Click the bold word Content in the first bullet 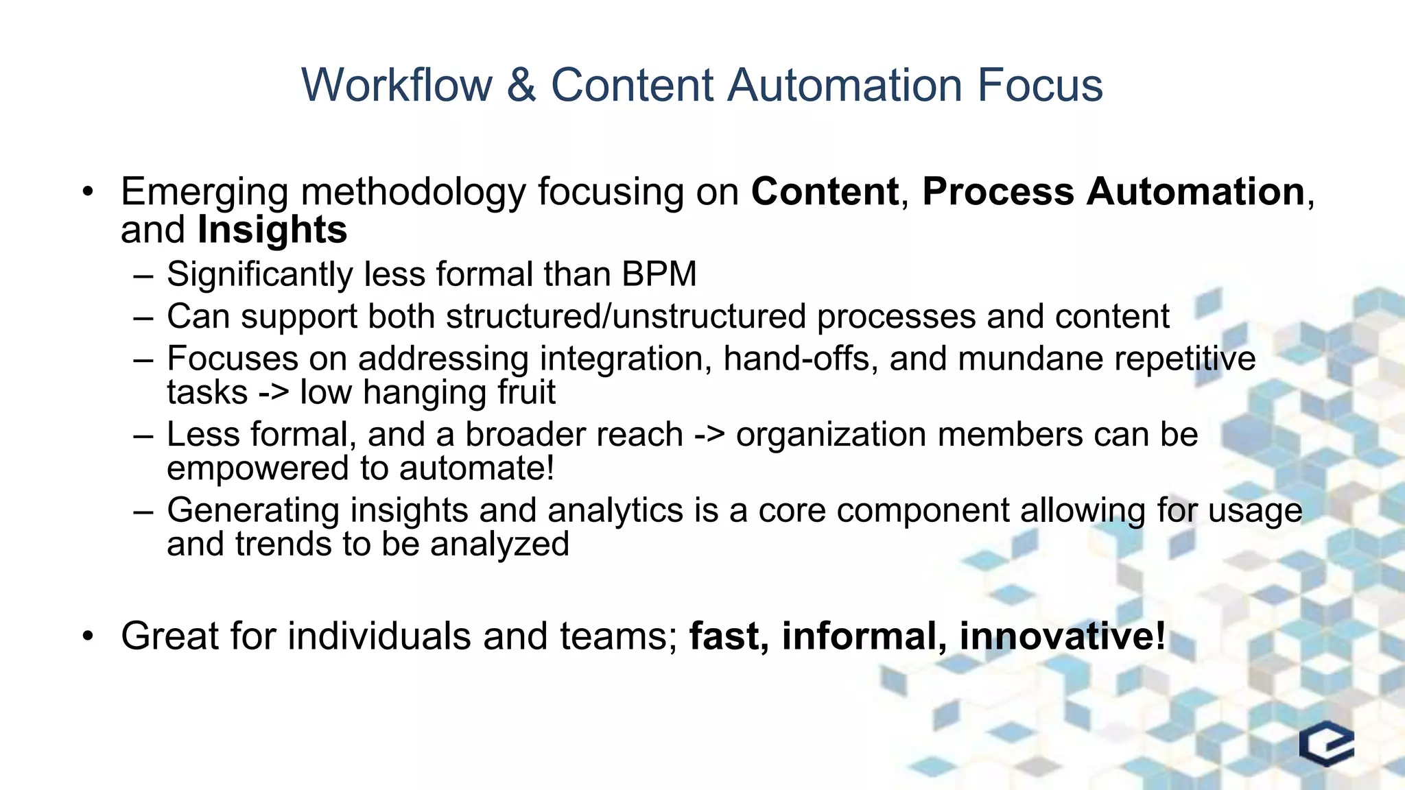point(825,191)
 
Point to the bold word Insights point(272,230)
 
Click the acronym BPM point(659,274)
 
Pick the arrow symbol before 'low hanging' point(274,393)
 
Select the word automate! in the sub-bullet point(476,468)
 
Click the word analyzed point(499,544)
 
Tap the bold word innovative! point(1062,636)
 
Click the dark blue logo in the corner point(1326,743)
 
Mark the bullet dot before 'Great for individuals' point(87,636)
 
